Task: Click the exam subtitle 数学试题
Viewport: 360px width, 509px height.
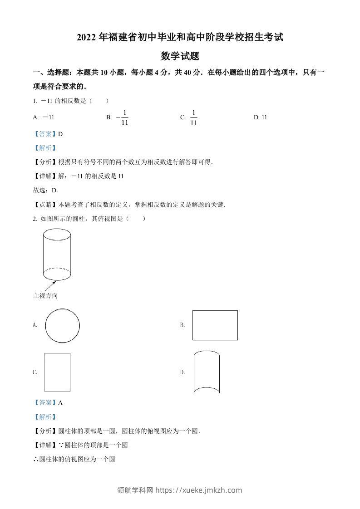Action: (180, 56)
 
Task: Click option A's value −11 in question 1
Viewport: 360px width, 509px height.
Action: (48, 117)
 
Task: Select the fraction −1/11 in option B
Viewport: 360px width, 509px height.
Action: (123, 117)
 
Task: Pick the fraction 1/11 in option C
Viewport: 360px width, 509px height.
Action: (193, 117)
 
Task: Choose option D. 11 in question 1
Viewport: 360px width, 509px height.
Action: (261, 117)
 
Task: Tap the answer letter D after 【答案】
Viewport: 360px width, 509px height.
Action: (60, 134)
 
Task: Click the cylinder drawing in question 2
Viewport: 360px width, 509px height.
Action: (57, 255)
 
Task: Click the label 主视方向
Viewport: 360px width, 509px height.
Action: (45, 296)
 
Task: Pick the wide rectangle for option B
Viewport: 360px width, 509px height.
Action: (215, 325)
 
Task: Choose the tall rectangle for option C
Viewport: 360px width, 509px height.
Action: (57, 372)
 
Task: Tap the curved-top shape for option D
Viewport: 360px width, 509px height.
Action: (207, 372)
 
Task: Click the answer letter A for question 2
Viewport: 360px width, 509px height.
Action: (60, 402)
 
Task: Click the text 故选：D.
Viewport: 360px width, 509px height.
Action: (45, 191)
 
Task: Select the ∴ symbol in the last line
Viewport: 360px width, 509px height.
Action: (36, 459)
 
